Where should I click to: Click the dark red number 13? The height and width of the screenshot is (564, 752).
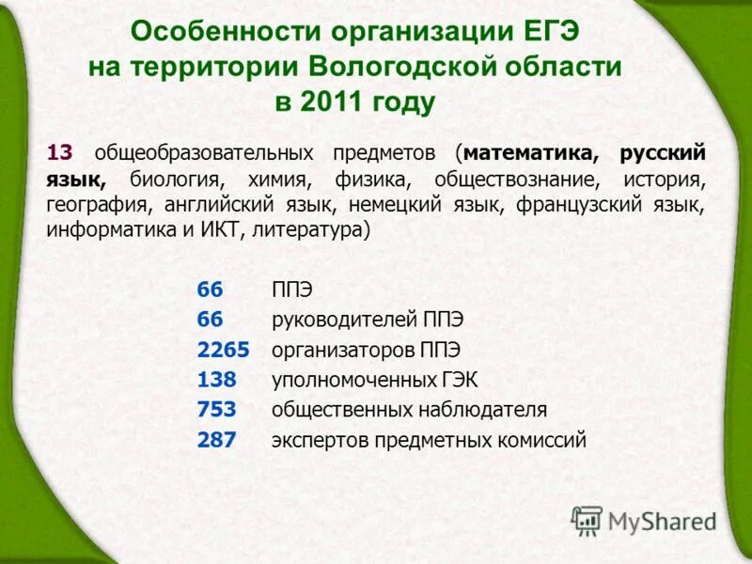60,153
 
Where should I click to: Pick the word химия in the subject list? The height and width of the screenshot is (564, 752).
277,180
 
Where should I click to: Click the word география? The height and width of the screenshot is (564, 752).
96,205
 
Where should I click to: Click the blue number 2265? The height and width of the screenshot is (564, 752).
223,350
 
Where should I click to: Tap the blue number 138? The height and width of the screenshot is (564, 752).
217,380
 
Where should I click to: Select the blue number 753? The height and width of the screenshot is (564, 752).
217,410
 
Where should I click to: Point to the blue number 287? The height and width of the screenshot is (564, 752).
217,440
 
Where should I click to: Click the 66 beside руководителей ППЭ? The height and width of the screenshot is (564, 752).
210,320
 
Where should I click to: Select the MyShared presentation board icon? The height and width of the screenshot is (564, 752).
587,522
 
